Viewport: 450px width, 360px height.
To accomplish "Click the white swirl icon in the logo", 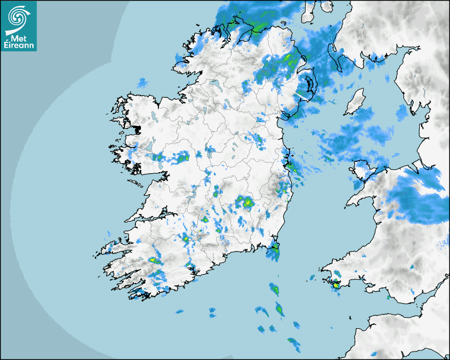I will (x=18, y=16).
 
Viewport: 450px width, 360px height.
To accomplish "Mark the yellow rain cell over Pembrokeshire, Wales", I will (x=336, y=285).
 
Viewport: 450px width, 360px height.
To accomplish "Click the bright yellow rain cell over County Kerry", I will (x=154, y=260).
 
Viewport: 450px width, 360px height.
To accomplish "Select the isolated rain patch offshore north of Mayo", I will (x=142, y=83).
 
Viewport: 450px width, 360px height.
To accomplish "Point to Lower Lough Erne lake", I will (x=214, y=84).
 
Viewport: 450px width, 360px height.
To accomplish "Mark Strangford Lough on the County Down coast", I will (x=309, y=85).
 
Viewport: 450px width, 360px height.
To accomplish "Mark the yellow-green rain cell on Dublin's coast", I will (x=289, y=165).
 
